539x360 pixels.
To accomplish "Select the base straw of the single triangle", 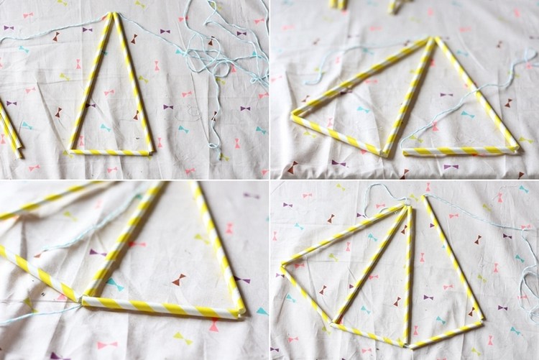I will tap(111, 152).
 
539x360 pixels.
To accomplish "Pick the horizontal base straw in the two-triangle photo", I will tap(460, 150).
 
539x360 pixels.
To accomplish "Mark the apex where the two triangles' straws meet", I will tap(433, 39).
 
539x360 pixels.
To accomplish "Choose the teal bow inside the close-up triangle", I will tap(115, 285).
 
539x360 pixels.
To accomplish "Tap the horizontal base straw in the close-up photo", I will tap(158, 308).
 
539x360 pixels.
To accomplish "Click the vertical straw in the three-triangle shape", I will tap(409, 273).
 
